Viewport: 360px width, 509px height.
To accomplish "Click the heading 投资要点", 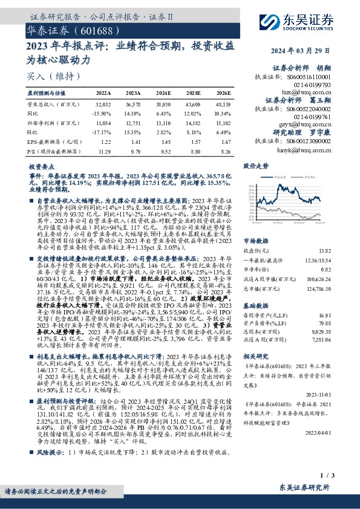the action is coord(42,165).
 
